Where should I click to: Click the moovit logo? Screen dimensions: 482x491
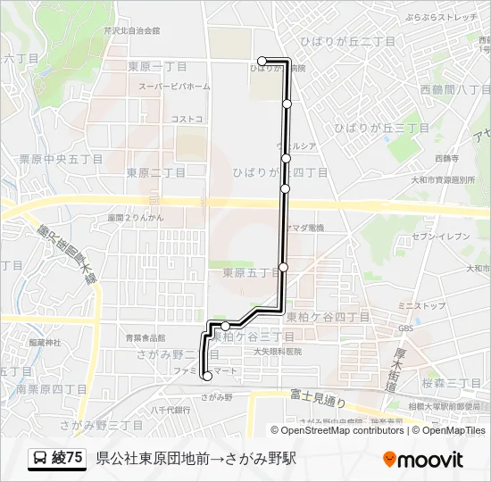[x=423, y=459]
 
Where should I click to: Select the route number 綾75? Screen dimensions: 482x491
[x=69, y=459]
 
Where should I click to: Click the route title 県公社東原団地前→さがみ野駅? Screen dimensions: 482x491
[x=196, y=459]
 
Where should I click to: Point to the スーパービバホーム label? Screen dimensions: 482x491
[x=174, y=87]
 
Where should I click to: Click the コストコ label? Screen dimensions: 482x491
[x=187, y=119]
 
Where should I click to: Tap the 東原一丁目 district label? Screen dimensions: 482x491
[x=156, y=66]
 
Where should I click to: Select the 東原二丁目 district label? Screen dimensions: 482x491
[x=156, y=172]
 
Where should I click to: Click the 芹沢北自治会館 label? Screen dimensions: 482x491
[x=131, y=30]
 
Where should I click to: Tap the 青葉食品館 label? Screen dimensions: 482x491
[x=146, y=337]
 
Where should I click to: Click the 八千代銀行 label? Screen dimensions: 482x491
[x=171, y=410]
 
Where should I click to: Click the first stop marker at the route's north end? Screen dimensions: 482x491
[x=262, y=62]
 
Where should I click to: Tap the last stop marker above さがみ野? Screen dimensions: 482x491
[x=207, y=377]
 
